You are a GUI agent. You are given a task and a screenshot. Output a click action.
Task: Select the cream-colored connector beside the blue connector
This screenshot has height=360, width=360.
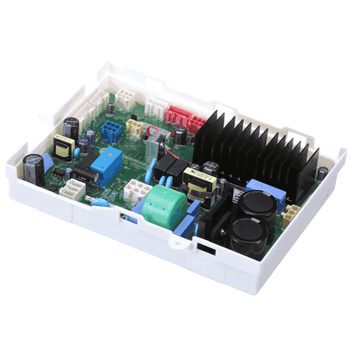134,127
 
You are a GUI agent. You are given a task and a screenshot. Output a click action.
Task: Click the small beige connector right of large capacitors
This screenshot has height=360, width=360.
292,214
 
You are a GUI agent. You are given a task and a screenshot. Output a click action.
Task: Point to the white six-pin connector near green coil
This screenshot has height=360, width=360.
136,191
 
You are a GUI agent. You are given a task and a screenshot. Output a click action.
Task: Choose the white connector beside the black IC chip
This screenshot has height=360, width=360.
71,189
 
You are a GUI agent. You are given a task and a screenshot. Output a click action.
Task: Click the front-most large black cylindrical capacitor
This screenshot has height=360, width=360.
247,234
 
